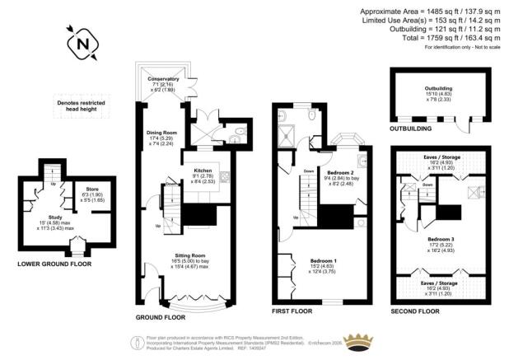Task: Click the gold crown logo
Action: tap(360, 340)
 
